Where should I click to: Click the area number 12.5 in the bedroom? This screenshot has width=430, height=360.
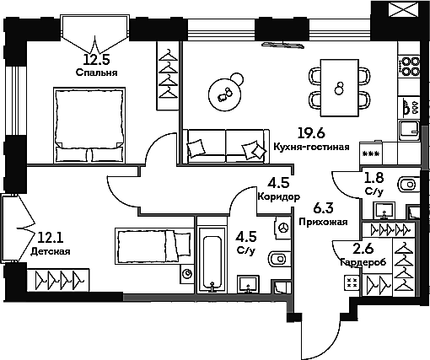click(96, 59)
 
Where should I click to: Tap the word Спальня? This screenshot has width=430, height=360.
click(96, 73)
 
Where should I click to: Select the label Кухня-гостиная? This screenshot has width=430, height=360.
click(311, 147)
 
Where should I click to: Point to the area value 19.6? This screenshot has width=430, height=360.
click(311, 132)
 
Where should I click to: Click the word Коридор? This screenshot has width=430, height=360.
click(279, 196)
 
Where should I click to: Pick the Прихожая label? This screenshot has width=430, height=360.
click(323, 222)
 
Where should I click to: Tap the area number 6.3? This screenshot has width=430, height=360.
click(323, 208)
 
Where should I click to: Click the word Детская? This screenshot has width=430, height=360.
click(50, 251)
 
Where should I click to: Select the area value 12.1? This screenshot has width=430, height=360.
click(50, 238)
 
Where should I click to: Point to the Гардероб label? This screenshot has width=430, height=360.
click(363, 262)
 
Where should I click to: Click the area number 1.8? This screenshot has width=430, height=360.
click(374, 178)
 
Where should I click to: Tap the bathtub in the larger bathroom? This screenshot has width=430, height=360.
click(212, 260)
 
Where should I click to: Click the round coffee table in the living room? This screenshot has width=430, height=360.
click(225, 94)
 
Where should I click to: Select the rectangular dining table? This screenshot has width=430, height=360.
click(340, 88)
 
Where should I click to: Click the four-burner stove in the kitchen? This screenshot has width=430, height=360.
click(410, 66)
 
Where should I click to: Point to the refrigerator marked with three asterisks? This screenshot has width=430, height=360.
click(371, 153)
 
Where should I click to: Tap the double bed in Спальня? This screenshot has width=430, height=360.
click(89, 125)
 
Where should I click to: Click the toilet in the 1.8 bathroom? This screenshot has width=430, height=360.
click(409, 185)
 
